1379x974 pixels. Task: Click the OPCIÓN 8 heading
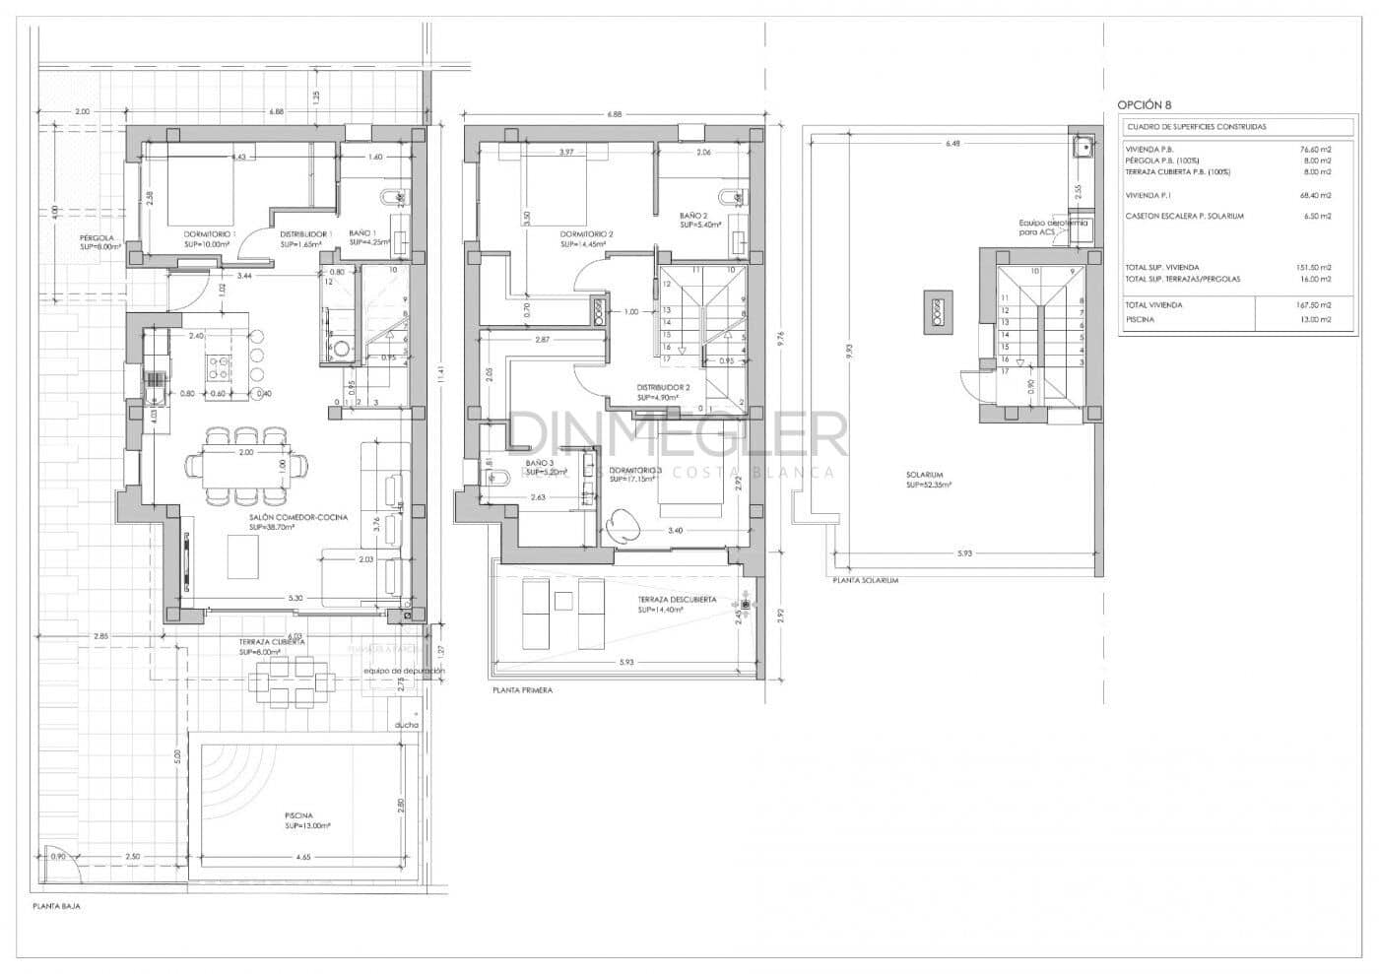tap(1145, 104)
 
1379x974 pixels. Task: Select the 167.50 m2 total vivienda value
tap(1314, 305)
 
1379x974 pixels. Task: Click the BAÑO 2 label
tap(693, 216)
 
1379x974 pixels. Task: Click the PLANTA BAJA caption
tap(56, 907)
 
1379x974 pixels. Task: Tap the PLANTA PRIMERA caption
tap(522, 690)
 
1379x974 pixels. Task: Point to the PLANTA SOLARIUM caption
tap(865, 581)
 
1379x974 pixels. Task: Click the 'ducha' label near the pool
tap(406, 725)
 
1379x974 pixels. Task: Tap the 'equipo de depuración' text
tap(404, 671)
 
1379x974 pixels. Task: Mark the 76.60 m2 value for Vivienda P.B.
tap(1315, 149)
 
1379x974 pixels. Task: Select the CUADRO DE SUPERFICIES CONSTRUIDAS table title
tap(1196, 127)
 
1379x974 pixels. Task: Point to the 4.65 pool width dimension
tap(302, 859)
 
